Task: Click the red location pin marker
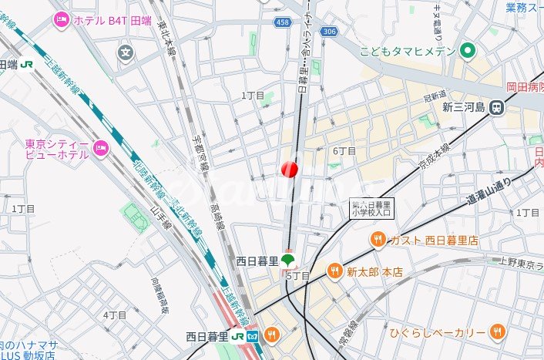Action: pos(290,169)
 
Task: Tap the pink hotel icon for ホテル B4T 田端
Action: pos(62,21)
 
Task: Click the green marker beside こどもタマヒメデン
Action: pos(466,52)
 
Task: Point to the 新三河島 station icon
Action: pos(499,108)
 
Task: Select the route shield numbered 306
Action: pos(330,31)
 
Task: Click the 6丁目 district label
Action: pos(344,151)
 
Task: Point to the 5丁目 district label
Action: pos(297,275)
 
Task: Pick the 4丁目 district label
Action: pos(114,315)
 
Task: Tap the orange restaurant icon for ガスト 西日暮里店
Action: pos(378,241)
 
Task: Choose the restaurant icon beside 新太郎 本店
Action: pos(334,271)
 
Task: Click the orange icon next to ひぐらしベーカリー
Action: pos(498,331)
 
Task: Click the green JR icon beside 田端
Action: pos(28,65)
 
